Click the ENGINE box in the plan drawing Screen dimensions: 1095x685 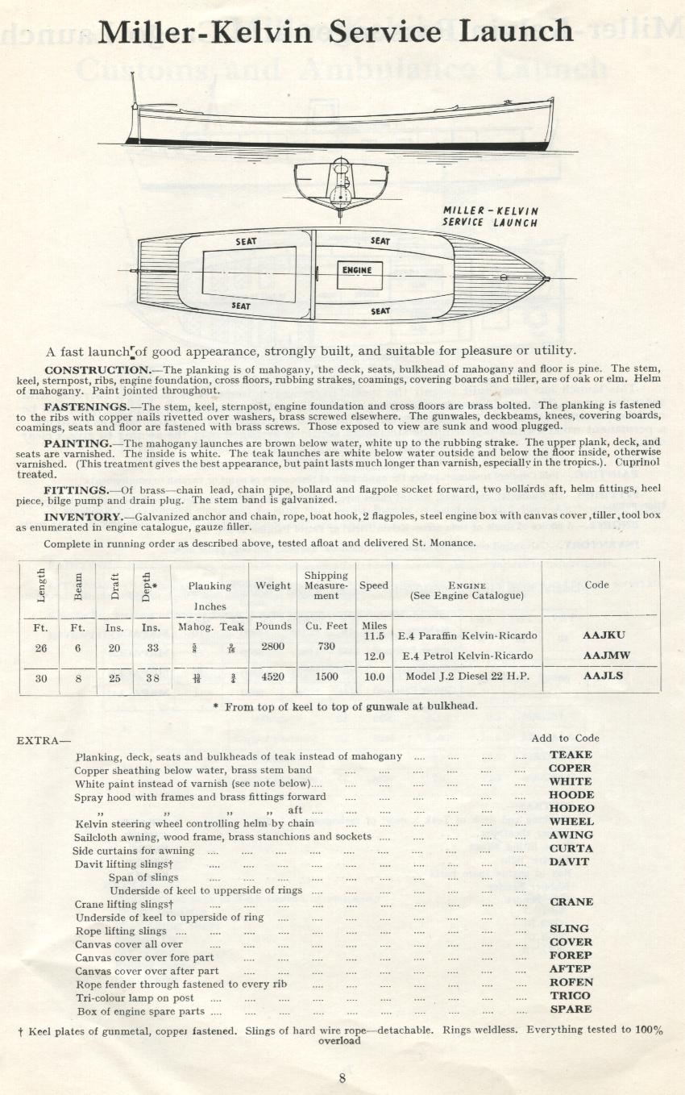point(358,270)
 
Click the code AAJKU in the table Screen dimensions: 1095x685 point(603,635)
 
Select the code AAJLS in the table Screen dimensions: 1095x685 point(603,677)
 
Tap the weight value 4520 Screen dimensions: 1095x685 point(272,677)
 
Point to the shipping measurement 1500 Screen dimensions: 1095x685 point(326,677)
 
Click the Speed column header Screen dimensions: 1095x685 point(373,585)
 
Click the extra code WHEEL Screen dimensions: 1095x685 point(571,822)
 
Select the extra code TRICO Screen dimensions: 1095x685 point(571,996)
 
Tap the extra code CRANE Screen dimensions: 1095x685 point(571,902)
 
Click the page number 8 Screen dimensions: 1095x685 point(342,1080)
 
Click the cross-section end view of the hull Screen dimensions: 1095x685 point(342,185)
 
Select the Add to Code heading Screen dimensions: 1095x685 point(565,738)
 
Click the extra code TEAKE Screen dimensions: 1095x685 point(571,755)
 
